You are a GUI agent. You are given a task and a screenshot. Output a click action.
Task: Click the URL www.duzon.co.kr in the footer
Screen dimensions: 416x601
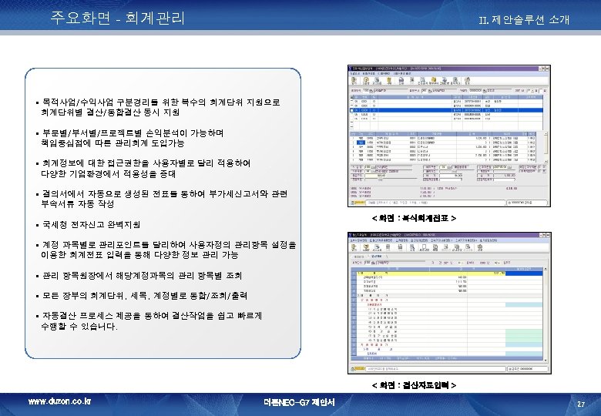[59, 401]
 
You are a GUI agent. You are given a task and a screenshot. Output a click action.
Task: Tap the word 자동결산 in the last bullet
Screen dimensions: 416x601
[60, 316]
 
